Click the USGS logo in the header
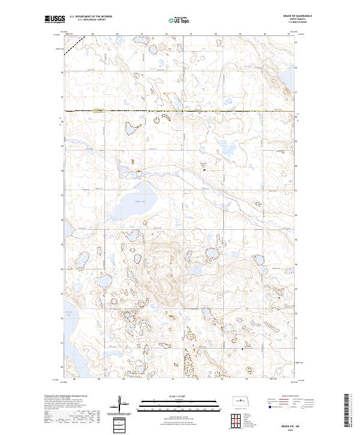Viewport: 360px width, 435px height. click(x=55, y=19)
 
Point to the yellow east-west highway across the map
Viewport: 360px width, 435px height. click(x=180, y=112)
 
